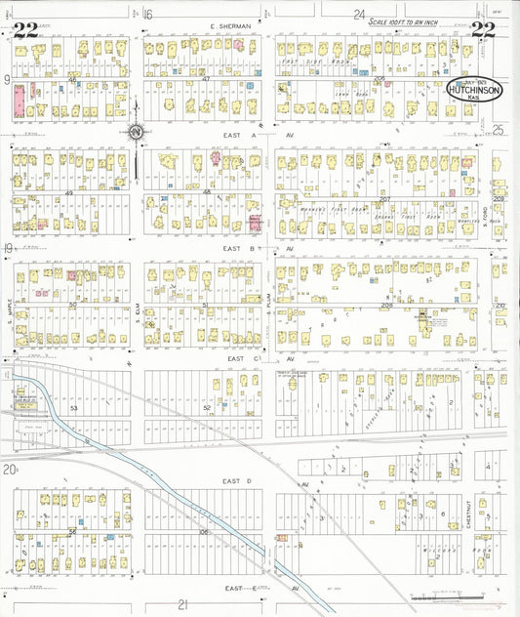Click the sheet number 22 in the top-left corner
pyautogui.click(x=25, y=29)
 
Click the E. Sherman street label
pyautogui.click(x=229, y=25)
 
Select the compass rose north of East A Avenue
pyautogui.click(x=137, y=132)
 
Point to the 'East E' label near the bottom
pyautogui.click(x=241, y=589)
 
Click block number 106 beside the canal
pyautogui.click(x=204, y=532)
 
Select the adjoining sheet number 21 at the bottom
pyautogui.click(x=181, y=605)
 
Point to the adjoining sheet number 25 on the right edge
pyautogui.click(x=498, y=130)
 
